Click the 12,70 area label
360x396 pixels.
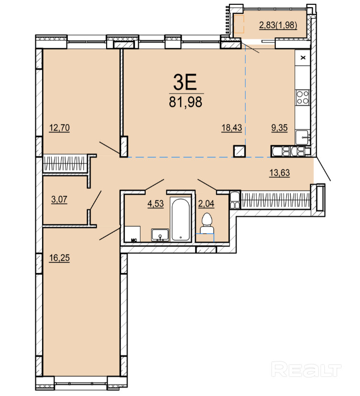59,128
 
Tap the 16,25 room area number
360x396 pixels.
59,258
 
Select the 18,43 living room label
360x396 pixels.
231,128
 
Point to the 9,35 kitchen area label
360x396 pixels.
279,128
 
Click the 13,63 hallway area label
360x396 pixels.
280,173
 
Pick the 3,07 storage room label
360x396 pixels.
59,199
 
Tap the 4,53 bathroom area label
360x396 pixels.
155,204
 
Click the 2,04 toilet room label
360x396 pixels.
206,204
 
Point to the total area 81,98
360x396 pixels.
185,102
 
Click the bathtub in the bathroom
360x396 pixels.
180,219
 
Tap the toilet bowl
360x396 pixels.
207,223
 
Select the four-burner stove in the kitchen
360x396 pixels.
303,97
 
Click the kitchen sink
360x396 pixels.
303,137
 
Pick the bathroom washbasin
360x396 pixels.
160,235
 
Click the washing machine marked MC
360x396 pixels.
132,234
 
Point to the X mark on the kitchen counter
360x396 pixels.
303,58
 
